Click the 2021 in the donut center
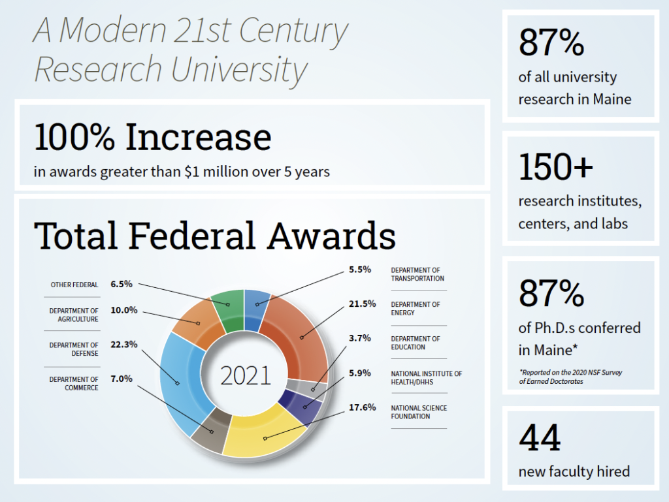245,376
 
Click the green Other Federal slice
228,306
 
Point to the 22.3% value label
124,345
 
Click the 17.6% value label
362,407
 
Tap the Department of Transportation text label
416,274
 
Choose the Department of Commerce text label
74,383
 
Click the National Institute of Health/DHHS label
426,378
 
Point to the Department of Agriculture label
74,315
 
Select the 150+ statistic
556,167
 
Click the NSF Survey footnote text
570,377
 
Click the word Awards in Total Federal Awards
330,236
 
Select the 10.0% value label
124,310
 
